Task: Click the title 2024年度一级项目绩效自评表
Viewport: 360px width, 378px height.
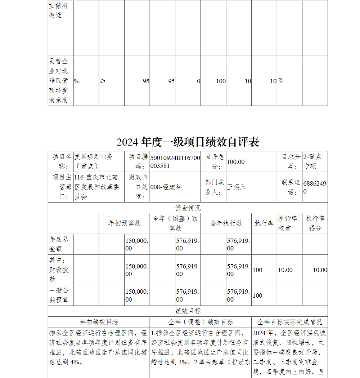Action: pyautogui.click(x=188, y=142)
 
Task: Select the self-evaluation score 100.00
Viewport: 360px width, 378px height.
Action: pyautogui.click(x=236, y=162)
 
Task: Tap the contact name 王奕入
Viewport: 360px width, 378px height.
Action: pyautogui.click(x=237, y=187)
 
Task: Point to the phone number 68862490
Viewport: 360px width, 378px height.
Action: pyautogui.click(x=315, y=187)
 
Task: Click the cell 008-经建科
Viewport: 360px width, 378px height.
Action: pyautogui.click(x=166, y=187)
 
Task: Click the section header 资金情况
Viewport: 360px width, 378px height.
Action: pyautogui.click(x=188, y=208)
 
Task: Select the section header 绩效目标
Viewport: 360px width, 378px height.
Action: pyautogui.click(x=188, y=311)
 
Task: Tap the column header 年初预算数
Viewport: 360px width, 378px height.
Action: pyautogui.click(x=124, y=223)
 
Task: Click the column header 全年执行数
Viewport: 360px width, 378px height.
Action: pyautogui.click(x=226, y=223)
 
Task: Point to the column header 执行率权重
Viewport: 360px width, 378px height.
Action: pyautogui.click(x=288, y=223)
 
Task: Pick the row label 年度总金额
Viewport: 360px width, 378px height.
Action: pyautogui.click(x=59, y=244)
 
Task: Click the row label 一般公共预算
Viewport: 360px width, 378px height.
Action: pyautogui.click(x=59, y=295)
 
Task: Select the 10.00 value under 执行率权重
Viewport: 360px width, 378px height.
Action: pyautogui.click(x=285, y=270)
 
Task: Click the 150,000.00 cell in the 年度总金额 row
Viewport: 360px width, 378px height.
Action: pyautogui.click(x=137, y=244)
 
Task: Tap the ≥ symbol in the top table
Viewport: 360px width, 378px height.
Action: pyautogui.click(x=103, y=81)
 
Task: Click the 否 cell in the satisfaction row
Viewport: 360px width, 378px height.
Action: pyautogui.click(x=281, y=81)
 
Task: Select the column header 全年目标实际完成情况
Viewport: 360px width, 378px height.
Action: pyautogui.click(x=290, y=322)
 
